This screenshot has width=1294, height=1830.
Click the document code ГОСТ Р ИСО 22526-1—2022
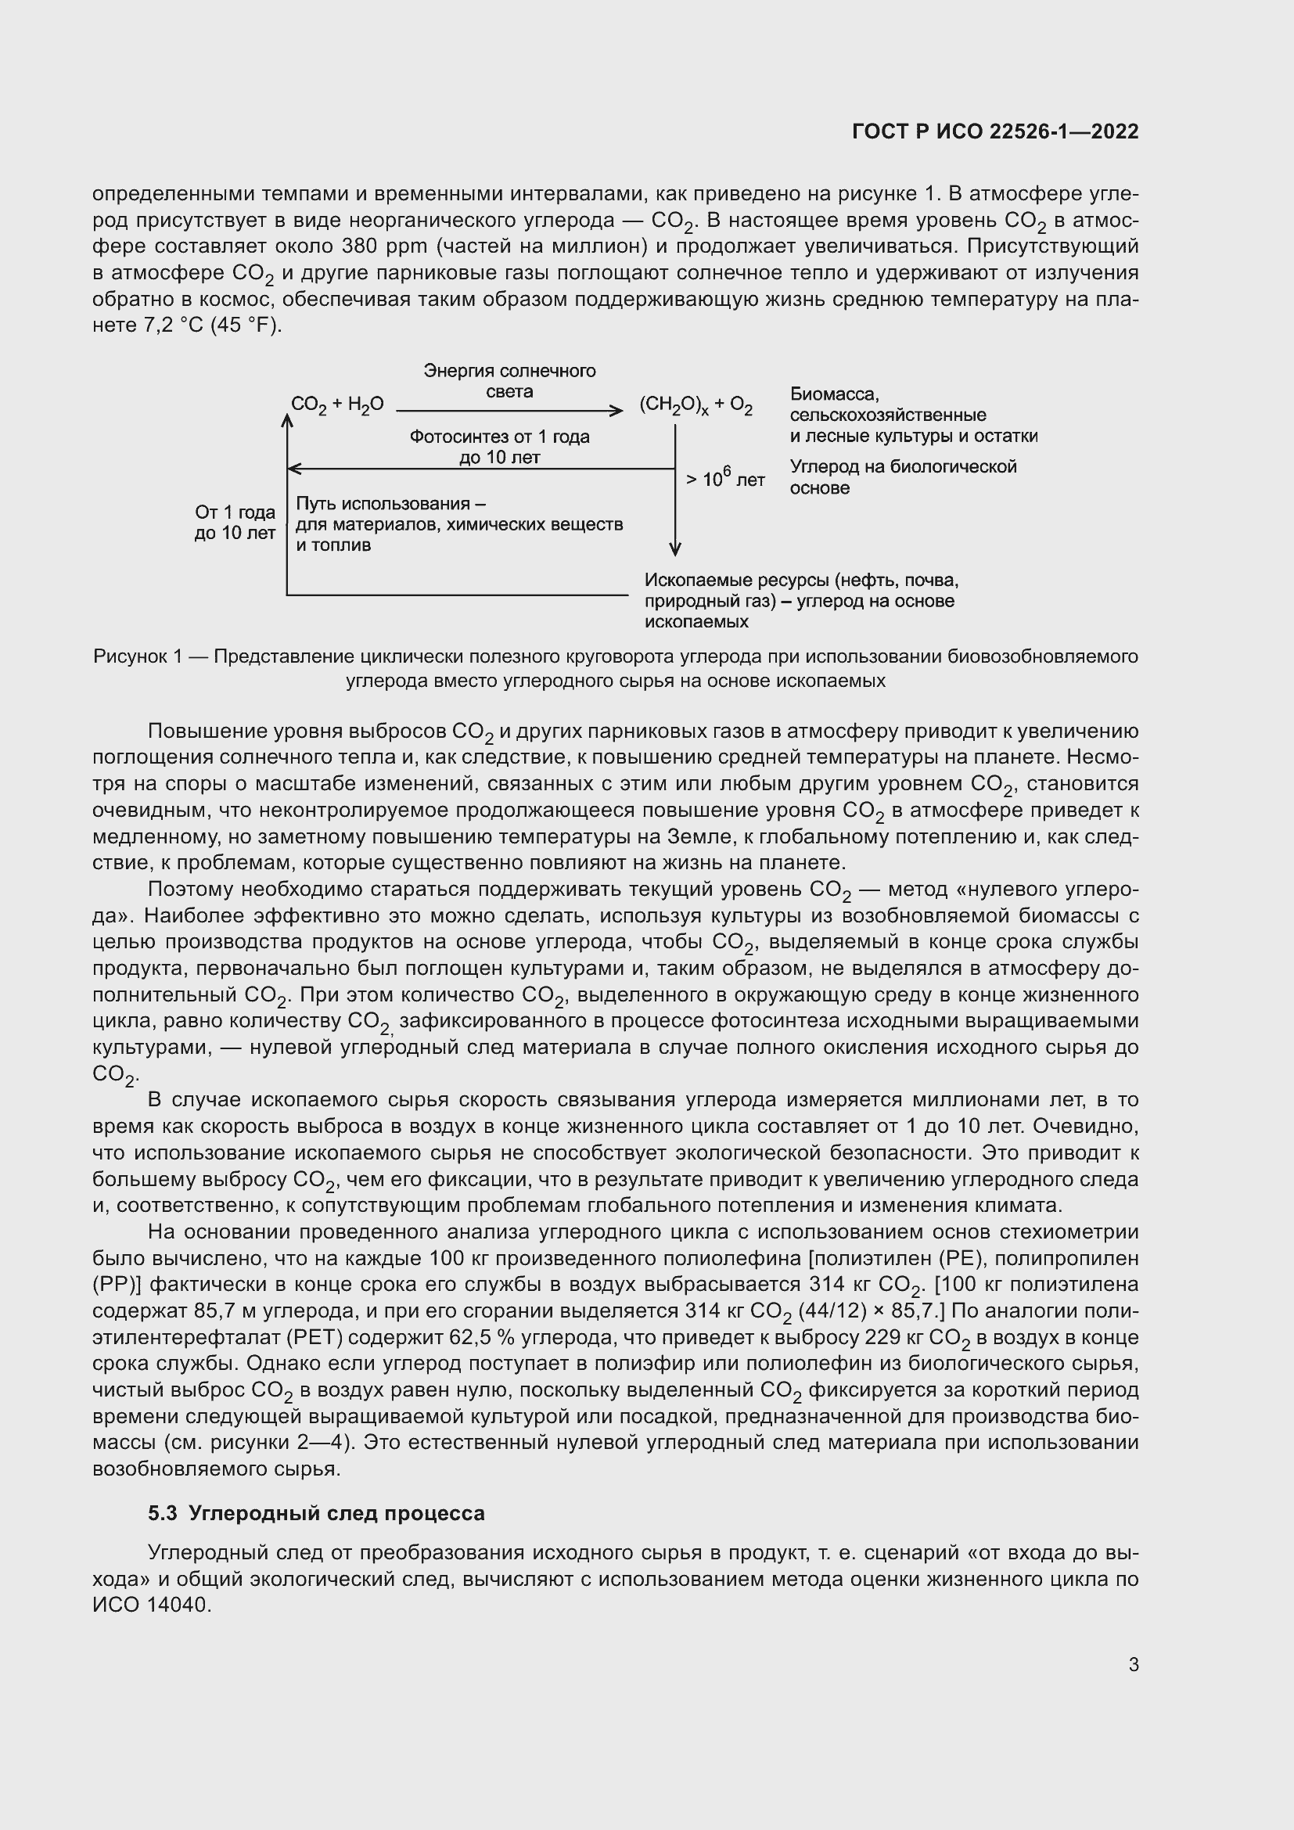pyautogui.click(x=994, y=131)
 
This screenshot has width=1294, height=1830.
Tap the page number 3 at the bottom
pyautogui.click(x=1133, y=1664)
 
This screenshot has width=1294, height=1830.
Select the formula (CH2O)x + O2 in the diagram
pyautogui.click(x=696, y=406)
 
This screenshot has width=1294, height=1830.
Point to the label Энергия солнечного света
pyautogui.click(x=509, y=381)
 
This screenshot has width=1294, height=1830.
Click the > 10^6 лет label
pyautogui.click(x=725, y=479)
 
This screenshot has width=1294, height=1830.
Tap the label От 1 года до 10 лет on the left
pyautogui.click(x=235, y=522)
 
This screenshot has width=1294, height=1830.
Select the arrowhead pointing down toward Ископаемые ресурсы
pyautogui.click(x=675, y=549)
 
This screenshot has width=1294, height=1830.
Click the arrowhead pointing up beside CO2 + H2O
pyautogui.click(x=287, y=419)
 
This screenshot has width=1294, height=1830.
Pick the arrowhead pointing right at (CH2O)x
pyautogui.click(x=616, y=412)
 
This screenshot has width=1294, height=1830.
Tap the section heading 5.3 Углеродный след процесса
pyautogui.click(x=316, y=1514)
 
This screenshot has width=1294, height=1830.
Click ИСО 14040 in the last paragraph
pyautogui.click(x=152, y=1605)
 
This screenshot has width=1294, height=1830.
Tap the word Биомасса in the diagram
pyautogui.click(x=834, y=394)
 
